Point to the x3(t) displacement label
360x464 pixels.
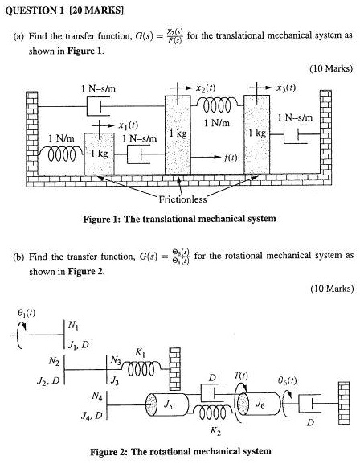[x=286, y=85]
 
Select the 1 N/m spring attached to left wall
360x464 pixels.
[x=60, y=154]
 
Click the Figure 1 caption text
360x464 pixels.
[x=180, y=219]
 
